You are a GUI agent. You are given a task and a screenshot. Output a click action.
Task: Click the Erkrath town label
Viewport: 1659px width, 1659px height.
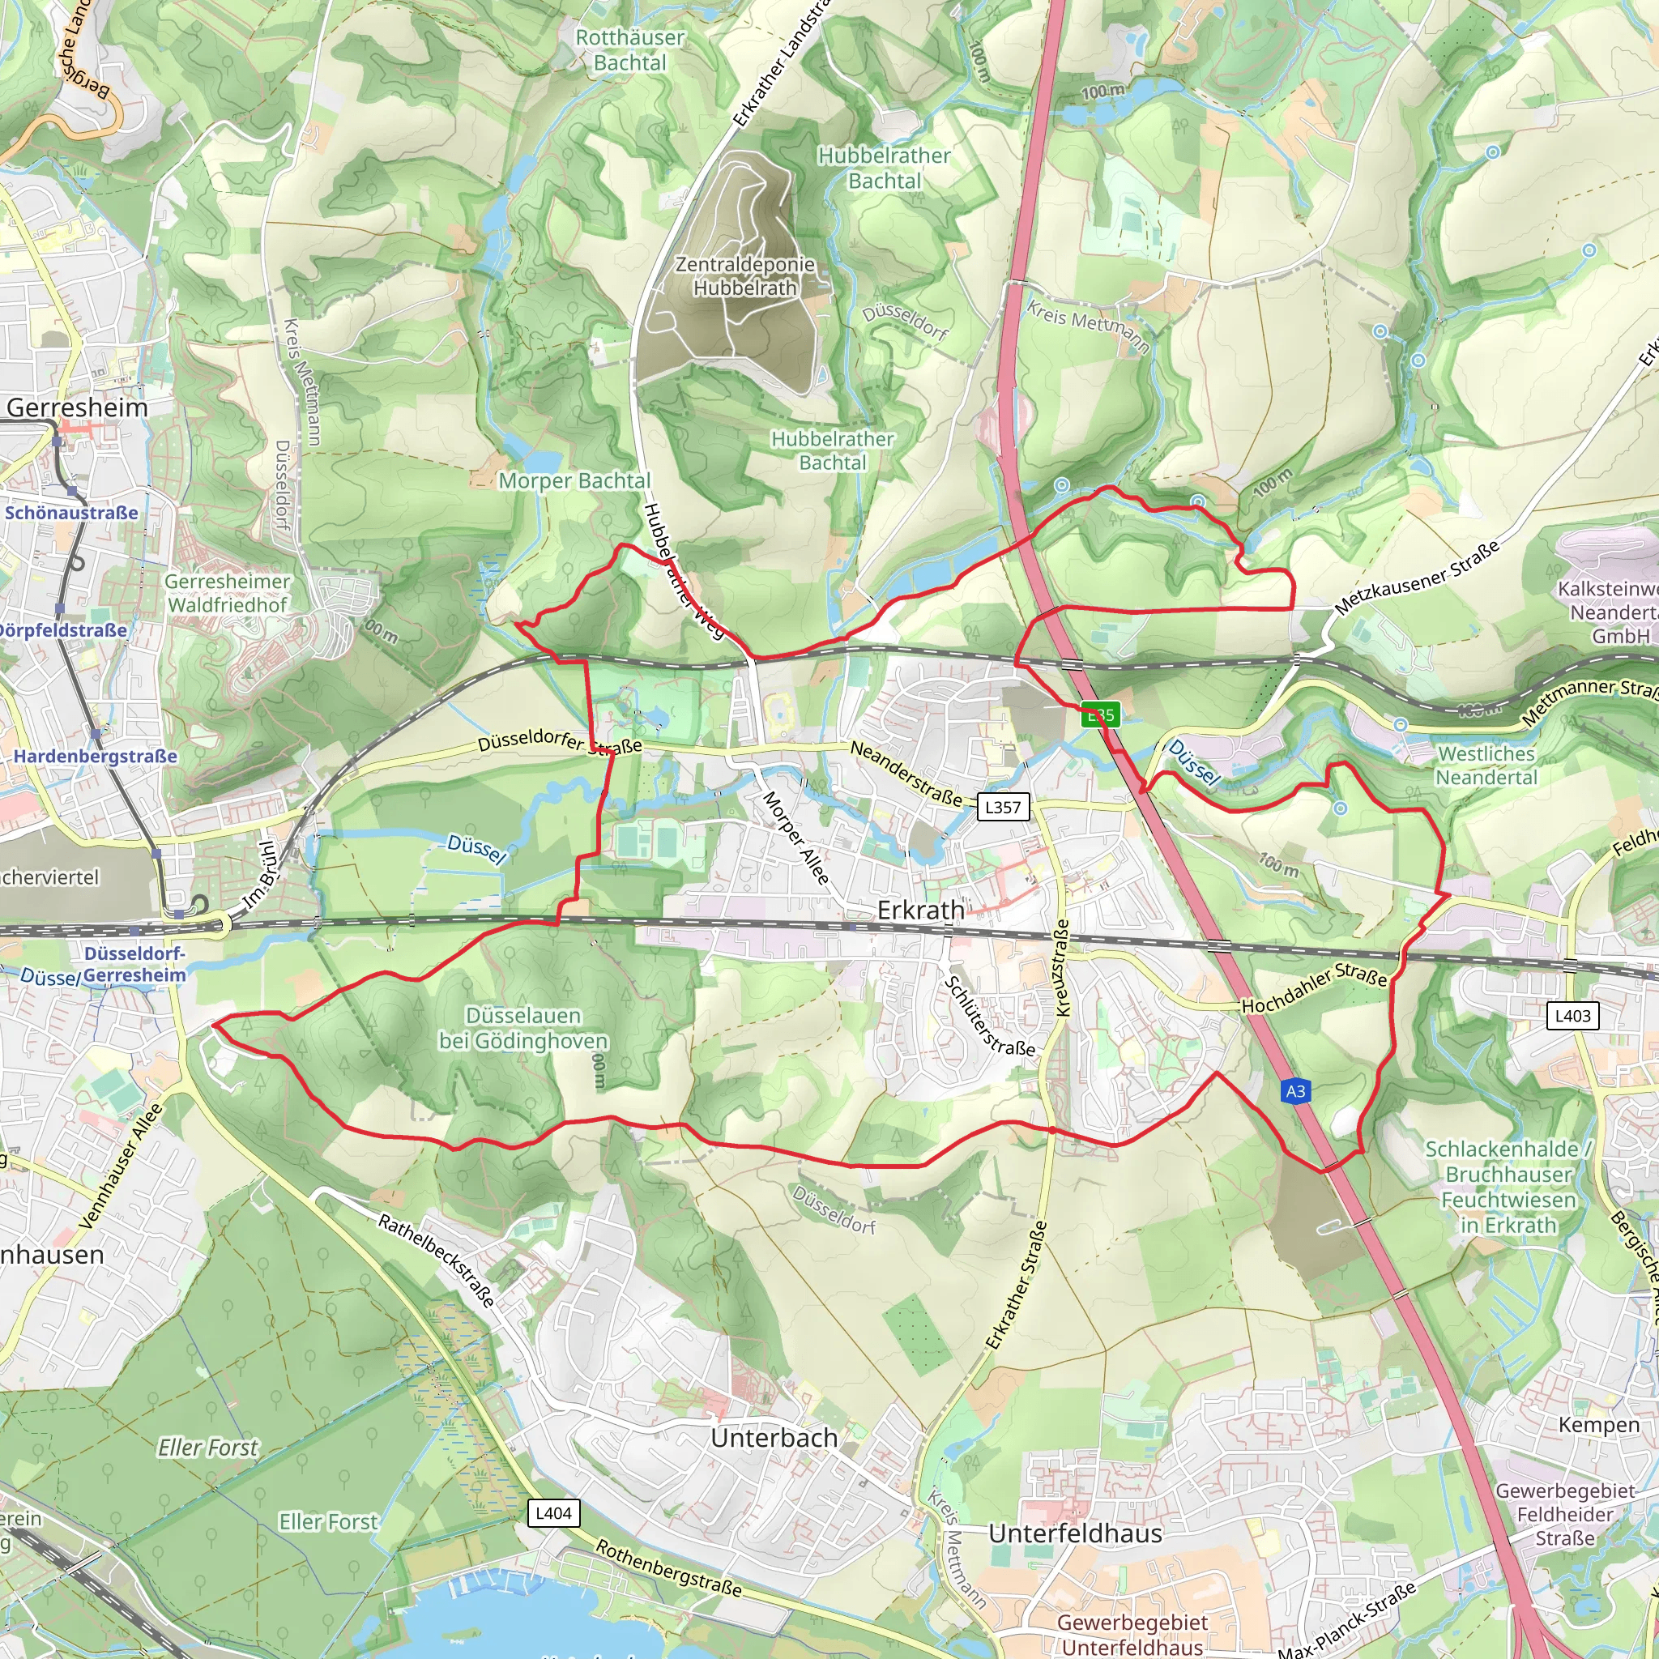[x=920, y=911]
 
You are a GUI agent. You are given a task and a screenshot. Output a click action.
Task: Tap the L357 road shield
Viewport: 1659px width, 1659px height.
[x=1002, y=807]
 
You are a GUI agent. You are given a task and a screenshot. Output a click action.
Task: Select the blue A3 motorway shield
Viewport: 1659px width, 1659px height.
[x=1295, y=1091]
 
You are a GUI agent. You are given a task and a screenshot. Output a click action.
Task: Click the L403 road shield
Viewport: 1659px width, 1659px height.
[x=1572, y=1016]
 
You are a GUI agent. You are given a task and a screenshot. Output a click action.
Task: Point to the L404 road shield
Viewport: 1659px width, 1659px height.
[x=553, y=1513]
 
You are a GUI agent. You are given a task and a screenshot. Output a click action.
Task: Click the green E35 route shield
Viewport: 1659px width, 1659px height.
[x=1100, y=714]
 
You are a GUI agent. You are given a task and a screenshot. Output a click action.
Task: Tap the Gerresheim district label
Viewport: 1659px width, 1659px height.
[x=77, y=408]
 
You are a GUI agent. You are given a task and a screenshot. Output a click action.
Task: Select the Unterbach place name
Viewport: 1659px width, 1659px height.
[x=774, y=1438]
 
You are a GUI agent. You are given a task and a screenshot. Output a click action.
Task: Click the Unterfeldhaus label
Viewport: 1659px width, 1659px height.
[x=1075, y=1533]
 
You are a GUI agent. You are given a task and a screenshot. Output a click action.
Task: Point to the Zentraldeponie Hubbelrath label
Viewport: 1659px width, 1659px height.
[x=744, y=276]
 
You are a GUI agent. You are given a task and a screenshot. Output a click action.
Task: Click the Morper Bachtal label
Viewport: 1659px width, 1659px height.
[x=574, y=481]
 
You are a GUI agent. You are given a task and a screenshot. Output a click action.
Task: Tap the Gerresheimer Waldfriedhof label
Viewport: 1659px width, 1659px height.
[x=228, y=593]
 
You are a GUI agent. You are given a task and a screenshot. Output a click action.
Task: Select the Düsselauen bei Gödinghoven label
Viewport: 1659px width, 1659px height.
[x=523, y=1028]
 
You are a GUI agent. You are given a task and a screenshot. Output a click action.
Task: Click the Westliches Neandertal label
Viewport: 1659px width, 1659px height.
[x=1486, y=765]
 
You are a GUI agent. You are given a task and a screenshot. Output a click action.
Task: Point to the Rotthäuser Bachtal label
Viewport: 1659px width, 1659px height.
[x=629, y=49]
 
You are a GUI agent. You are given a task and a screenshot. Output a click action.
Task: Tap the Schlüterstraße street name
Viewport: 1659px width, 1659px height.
[x=989, y=1016]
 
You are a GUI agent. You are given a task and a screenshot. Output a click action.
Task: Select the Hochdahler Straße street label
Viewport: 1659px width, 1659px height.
[x=1314, y=987]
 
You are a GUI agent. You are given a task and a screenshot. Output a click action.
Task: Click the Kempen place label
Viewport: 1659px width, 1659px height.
[x=1598, y=1425]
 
